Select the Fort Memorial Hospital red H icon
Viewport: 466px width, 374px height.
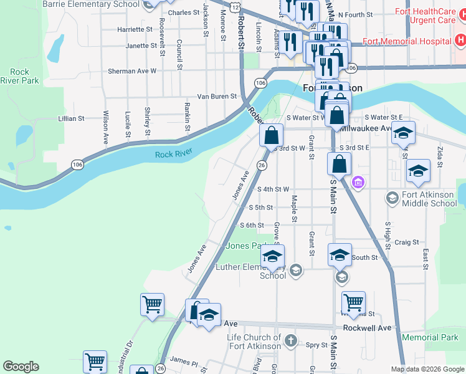[x=460, y=41]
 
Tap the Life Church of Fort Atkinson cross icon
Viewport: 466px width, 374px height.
[x=291, y=340]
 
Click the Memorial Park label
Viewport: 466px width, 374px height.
[x=430, y=337]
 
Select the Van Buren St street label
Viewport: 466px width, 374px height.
[x=217, y=97]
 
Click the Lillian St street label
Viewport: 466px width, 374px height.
[x=71, y=118]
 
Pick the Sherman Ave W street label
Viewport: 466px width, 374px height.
[x=131, y=71]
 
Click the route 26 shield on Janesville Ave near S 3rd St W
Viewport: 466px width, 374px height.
[x=262, y=165]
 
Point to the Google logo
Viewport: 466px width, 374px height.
[x=21, y=367]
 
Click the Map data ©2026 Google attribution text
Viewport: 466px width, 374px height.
[x=427, y=369]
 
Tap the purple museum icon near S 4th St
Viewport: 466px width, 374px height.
[x=358, y=183]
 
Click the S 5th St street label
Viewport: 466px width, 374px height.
[x=261, y=208]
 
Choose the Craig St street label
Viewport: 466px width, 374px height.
[x=406, y=242]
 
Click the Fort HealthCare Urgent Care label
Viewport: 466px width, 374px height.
[x=429, y=16]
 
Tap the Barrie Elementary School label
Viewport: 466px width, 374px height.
[x=91, y=4]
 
